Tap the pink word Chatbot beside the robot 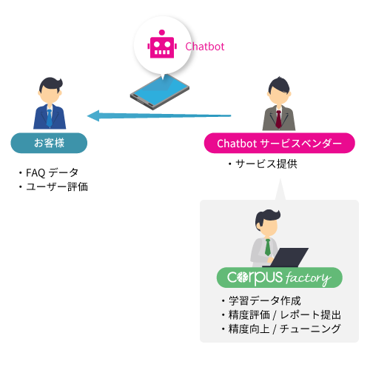(x=205, y=47)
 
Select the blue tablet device (x=160, y=92)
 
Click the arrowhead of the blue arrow (x=93, y=115)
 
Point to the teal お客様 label (x=49, y=143)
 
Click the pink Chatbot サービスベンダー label (x=280, y=143)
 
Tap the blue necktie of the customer (x=50, y=118)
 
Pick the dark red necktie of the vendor (x=278, y=119)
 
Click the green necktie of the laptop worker (x=267, y=247)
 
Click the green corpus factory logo (x=280, y=277)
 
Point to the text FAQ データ (x=52, y=172)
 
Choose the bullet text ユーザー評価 (x=57, y=186)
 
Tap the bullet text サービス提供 (x=266, y=164)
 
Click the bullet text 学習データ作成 (x=265, y=300)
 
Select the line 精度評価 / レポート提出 (x=285, y=314)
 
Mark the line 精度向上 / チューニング (x=284, y=329)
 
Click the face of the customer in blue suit (x=50, y=95)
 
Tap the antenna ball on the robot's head (x=162, y=33)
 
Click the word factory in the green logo (x=309, y=278)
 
